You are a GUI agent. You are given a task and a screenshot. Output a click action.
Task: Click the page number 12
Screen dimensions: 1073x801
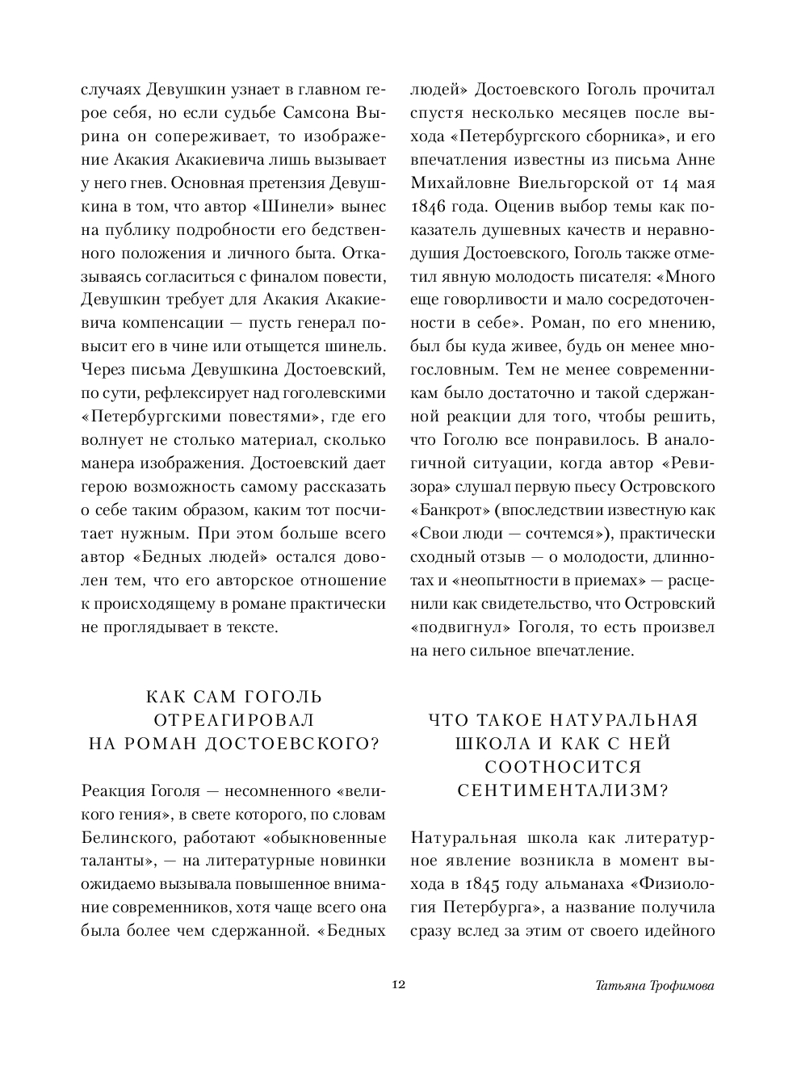pos(397,985)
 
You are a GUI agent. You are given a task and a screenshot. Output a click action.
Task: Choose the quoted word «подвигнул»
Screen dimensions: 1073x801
pos(455,627)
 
